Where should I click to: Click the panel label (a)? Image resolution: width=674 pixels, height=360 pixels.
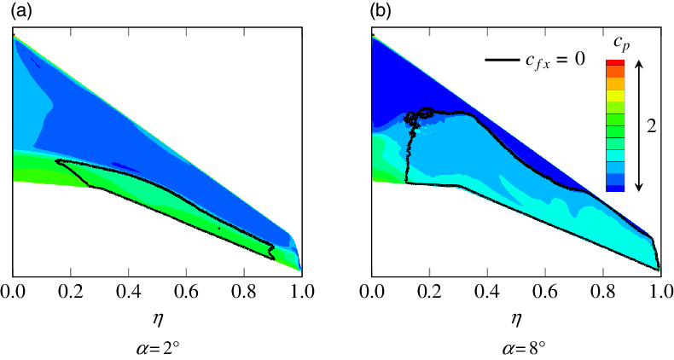tap(23, 12)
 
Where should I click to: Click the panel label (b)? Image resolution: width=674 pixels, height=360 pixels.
tap(382, 12)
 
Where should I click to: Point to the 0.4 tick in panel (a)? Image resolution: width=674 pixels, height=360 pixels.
tap(128, 291)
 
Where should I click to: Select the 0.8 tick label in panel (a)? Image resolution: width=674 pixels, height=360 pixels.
tap(243, 291)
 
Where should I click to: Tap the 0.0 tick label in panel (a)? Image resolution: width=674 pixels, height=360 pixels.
tap(13, 291)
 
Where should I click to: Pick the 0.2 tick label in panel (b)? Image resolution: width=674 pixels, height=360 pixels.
tap(429, 291)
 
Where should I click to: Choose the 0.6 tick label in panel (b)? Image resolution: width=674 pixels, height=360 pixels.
tap(544, 291)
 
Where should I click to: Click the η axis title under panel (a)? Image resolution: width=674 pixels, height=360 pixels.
tap(157, 319)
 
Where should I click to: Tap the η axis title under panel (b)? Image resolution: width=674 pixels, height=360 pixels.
tap(516, 319)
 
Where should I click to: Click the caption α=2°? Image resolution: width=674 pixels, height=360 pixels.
tap(157, 347)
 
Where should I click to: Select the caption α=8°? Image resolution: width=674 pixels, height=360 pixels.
tap(516, 347)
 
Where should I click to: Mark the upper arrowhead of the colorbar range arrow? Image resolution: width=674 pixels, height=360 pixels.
tap(638, 62)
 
